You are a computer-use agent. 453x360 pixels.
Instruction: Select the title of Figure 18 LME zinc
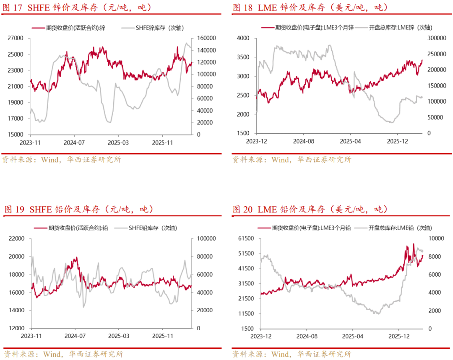(x=310, y=8)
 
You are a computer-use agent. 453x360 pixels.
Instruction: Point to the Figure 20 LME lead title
(x=310, y=209)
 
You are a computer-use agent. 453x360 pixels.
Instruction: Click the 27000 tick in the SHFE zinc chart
(x=16, y=38)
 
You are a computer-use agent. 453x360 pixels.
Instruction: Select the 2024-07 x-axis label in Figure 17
(x=74, y=142)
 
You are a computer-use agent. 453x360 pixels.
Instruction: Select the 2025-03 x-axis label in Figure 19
(x=119, y=336)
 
